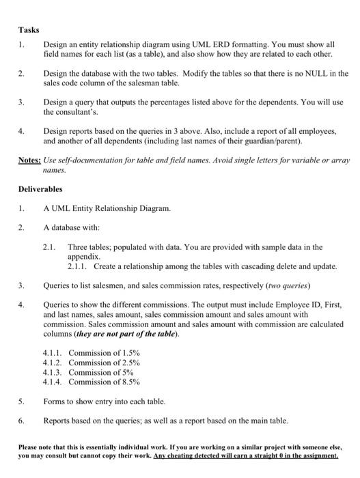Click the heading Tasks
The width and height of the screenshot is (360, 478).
click(29, 30)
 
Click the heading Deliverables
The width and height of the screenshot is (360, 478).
click(41, 189)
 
